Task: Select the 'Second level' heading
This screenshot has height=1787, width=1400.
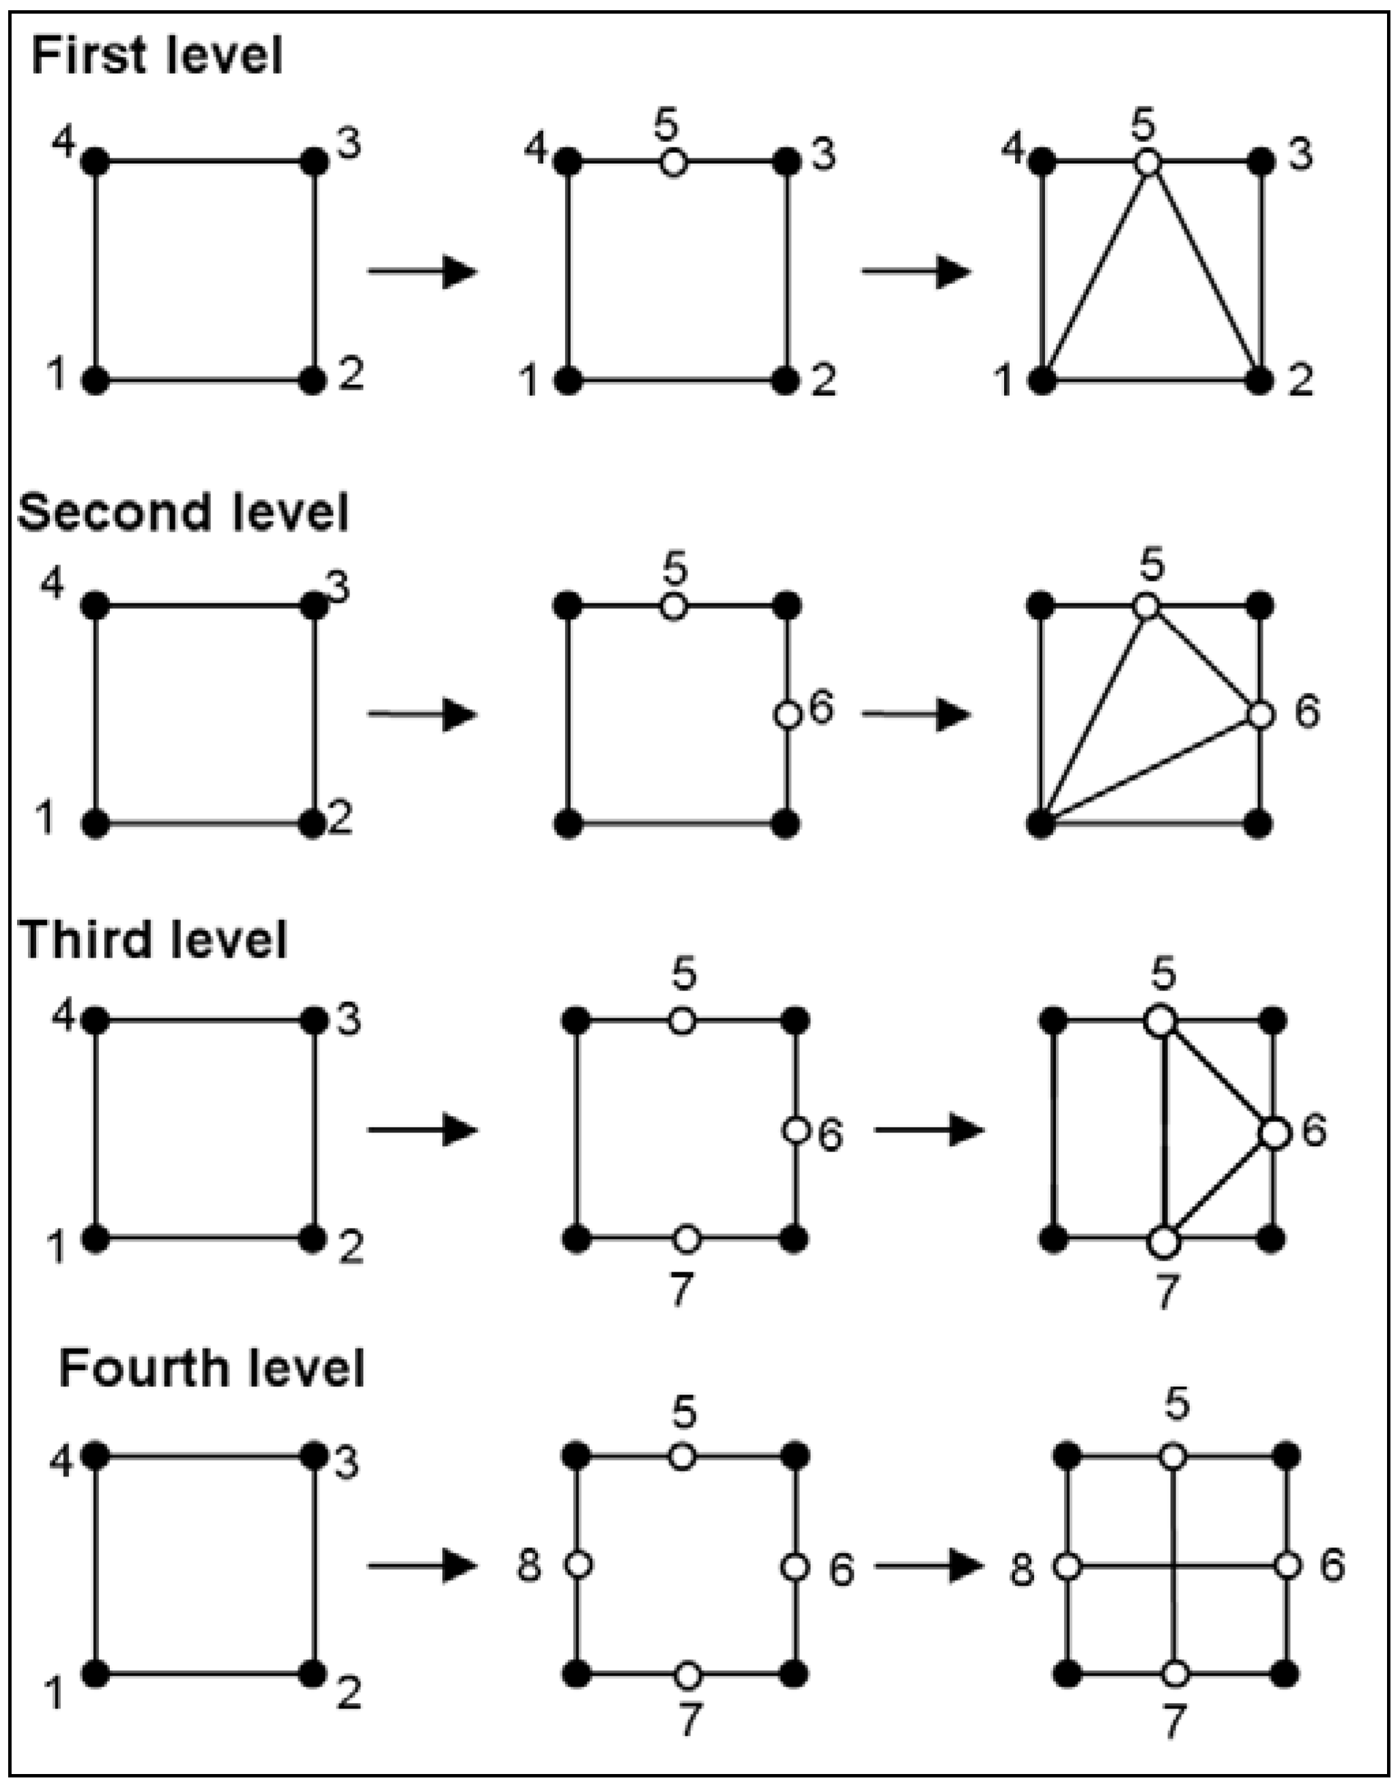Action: tap(183, 513)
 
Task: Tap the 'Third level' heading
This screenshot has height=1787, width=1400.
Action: tap(154, 939)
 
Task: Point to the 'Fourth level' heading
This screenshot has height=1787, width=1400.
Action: tap(212, 1369)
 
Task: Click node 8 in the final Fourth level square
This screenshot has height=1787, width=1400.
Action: tap(1066, 1567)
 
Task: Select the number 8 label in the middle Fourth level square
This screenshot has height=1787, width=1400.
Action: tap(529, 1566)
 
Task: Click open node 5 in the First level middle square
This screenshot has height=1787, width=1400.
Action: tap(674, 162)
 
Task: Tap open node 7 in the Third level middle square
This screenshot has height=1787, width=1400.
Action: tap(687, 1240)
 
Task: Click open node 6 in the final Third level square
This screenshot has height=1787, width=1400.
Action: tap(1274, 1133)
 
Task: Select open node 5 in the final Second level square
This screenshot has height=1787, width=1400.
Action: tap(1147, 607)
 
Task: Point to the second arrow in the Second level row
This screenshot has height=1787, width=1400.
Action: tap(917, 714)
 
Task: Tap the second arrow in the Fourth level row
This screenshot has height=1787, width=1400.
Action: tap(929, 1567)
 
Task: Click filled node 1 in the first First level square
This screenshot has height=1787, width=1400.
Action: tap(96, 381)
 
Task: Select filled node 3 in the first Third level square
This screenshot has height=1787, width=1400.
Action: tap(314, 1020)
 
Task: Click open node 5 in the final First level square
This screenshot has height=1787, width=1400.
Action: tap(1148, 162)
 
